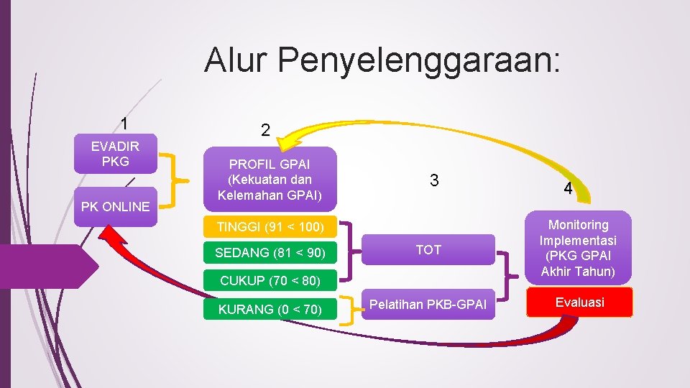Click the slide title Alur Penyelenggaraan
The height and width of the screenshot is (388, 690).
tap(381, 60)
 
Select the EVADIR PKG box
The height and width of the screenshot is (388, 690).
tap(115, 153)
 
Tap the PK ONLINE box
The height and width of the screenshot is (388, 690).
tap(115, 206)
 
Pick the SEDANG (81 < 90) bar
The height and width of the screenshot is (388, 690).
tap(270, 253)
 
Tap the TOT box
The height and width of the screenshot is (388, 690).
tap(428, 250)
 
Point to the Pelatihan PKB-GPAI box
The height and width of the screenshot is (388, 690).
tap(428, 305)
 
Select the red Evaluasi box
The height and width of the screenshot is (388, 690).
tap(579, 302)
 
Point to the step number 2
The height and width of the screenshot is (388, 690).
tap(265, 130)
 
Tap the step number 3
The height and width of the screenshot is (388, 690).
tap(433, 180)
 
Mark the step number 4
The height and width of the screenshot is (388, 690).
tap(567, 189)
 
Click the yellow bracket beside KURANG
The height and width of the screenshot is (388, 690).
tap(349, 310)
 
